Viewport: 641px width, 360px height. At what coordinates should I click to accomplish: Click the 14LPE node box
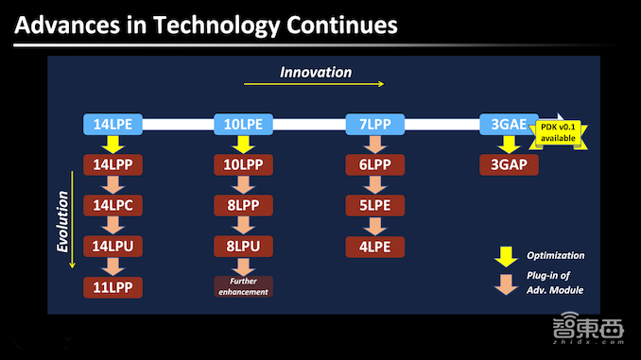pos(113,124)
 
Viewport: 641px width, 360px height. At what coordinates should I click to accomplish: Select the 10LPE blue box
pos(243,124)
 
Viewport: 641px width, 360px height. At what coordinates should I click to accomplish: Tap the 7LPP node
pos(375,124)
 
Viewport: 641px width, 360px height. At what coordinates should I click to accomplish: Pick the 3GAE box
pos(509,124)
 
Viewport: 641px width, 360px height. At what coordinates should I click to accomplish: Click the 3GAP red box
pos(509,164)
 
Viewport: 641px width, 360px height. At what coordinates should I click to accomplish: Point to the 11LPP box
pos(113,287)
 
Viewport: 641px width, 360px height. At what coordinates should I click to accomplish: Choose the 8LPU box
pos(243,247)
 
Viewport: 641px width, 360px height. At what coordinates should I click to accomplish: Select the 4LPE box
pos(375,247)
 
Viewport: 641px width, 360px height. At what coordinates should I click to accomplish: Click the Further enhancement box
pos(243,286)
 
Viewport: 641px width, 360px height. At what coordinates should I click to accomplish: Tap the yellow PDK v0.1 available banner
pos(558,133)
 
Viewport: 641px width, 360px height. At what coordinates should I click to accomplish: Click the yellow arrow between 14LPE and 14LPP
pos(113,145)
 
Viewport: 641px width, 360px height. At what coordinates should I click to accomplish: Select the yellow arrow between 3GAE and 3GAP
pos(509,145)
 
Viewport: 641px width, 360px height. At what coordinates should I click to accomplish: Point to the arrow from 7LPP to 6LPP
pos(375,145)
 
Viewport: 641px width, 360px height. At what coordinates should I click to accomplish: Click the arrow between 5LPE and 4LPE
pos(375,226)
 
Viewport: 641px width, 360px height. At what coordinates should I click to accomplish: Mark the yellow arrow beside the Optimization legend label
pos(506,257)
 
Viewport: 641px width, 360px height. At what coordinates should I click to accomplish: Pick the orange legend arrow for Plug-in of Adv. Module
pos(506,284)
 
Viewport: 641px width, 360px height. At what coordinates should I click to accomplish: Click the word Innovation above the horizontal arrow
pos(316,73)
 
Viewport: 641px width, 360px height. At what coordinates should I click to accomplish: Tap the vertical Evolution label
pos(62,221)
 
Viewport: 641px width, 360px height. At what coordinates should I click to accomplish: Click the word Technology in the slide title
pos(217,26)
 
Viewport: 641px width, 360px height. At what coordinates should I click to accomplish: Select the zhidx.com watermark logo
pos(588,328)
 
